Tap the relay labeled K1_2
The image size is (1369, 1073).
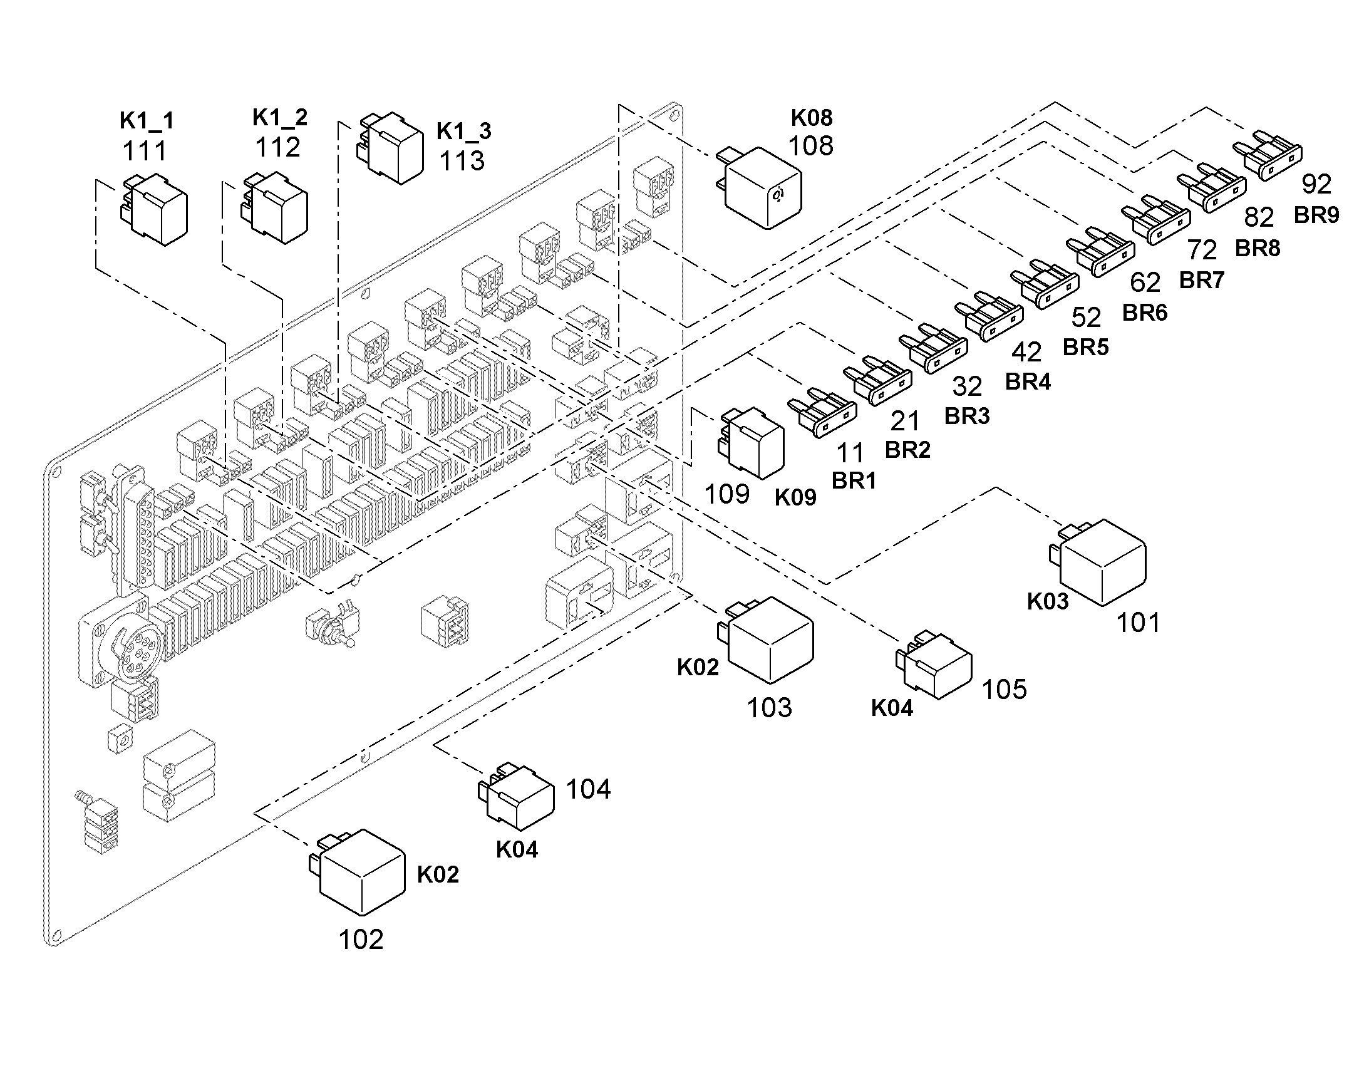[275, 207]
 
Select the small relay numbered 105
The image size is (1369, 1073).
[933, 665]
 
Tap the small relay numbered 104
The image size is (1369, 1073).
[516, 796]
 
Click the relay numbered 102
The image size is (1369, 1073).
[357, 872]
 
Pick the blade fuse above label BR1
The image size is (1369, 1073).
[822, 412]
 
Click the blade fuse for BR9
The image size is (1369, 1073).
[1268, 155]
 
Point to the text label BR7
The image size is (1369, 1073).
[1202, 280]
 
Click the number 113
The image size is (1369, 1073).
[462, 161]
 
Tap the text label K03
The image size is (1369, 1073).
[1048, 601]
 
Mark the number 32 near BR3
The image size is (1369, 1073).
[967, 386]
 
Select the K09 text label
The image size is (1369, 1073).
[795, 497]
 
